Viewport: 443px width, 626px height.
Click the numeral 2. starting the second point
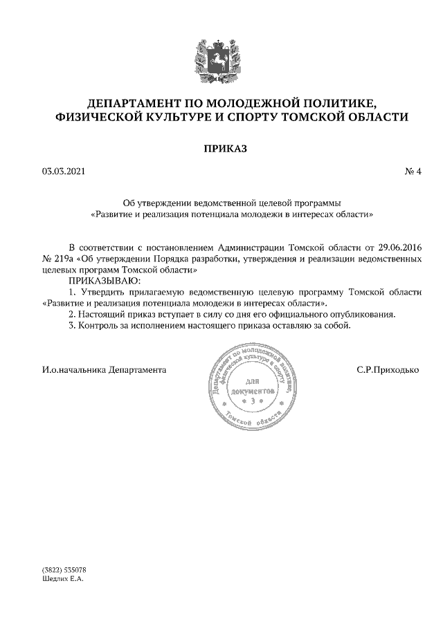pos(71,314)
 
